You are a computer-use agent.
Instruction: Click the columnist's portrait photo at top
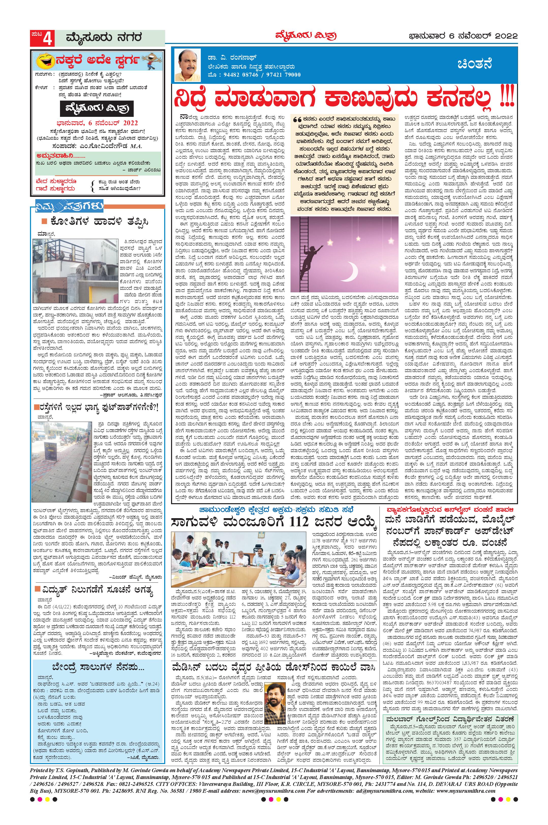click(x=187, y=65)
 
